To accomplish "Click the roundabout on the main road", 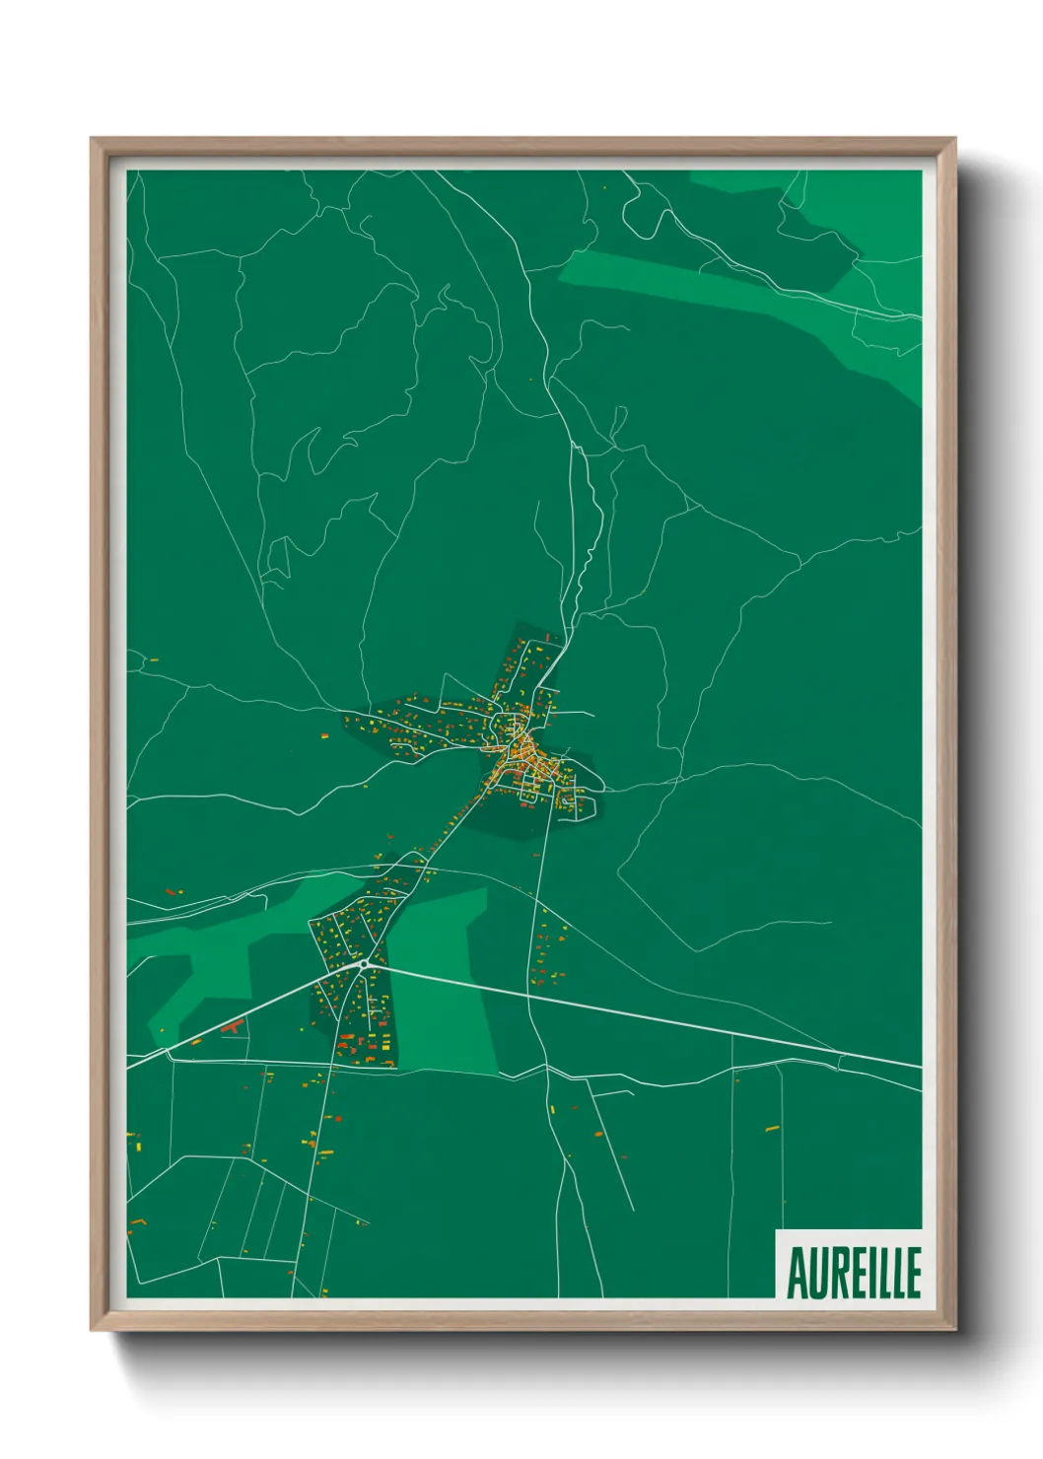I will (364, 963).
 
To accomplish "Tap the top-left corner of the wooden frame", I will (92, 139).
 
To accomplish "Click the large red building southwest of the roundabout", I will (234, 1027).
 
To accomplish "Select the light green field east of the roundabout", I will (449, 986).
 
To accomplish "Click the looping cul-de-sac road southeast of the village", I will (582, 803).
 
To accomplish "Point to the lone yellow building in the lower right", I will (772, 1128).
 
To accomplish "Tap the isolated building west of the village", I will (324, 734).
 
